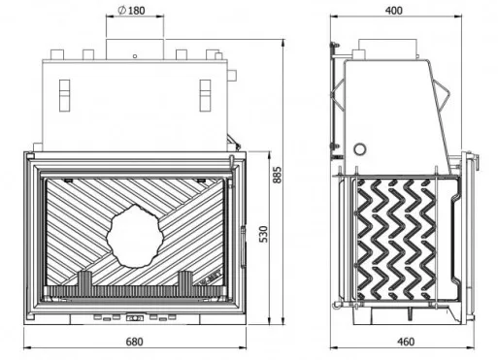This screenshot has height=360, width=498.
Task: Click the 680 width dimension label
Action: pos(134,342)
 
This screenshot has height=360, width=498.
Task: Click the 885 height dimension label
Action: pos(278,175)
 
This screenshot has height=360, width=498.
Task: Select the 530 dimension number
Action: pos(264,234)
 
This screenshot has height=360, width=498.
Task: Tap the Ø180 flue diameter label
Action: pos(131,11)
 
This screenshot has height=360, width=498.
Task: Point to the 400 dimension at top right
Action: pos(394,11)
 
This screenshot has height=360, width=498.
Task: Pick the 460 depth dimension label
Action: pos(405,342)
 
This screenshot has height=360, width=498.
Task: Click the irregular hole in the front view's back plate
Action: pos(135,237)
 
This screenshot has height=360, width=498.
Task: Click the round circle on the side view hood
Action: pos(360,149)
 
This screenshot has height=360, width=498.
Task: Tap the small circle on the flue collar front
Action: pos(135,56)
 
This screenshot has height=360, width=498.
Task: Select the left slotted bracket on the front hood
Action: pos(65,96)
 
